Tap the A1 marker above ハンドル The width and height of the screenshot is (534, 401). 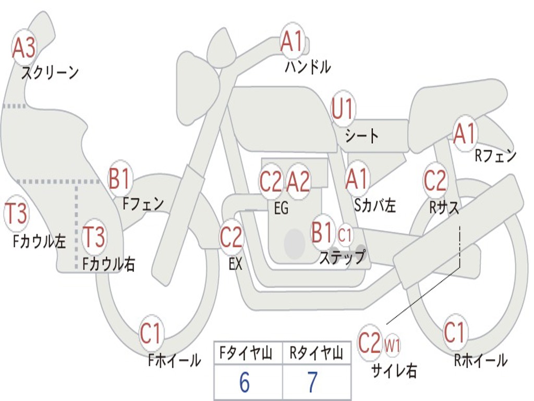pyautogui.click(x=292, y=41)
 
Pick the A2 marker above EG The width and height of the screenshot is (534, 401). pyautogui.click(x=298, y=181)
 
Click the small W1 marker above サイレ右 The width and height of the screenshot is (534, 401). pyautogui.click(x=392, y=346)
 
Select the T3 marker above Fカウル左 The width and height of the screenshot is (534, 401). pyautogui.click(x=16, y=214)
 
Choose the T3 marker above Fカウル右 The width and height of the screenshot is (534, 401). pyautogui.click(x=94, y=237)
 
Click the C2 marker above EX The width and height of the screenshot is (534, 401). pyautogui.click(x=231, y=237)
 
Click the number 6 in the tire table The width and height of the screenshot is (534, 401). pyautogui.click(x=245, y=382)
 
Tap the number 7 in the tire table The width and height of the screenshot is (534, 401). pyautogui.click(x=313, y=382)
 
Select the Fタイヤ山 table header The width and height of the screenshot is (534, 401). pyautogui.click(x=246, y=353)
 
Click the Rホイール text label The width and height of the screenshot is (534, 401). pyautogui.click(x=481, y=360)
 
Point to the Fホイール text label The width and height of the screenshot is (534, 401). pyautogui.click(x=174, y=360)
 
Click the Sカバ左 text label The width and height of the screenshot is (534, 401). pyautogui.click(x=375, y=205)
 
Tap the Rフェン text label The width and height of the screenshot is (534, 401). pyautogui.click(x=496, y=156)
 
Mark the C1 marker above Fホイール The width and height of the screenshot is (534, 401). pyautogui.click(x=150, y=333)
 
